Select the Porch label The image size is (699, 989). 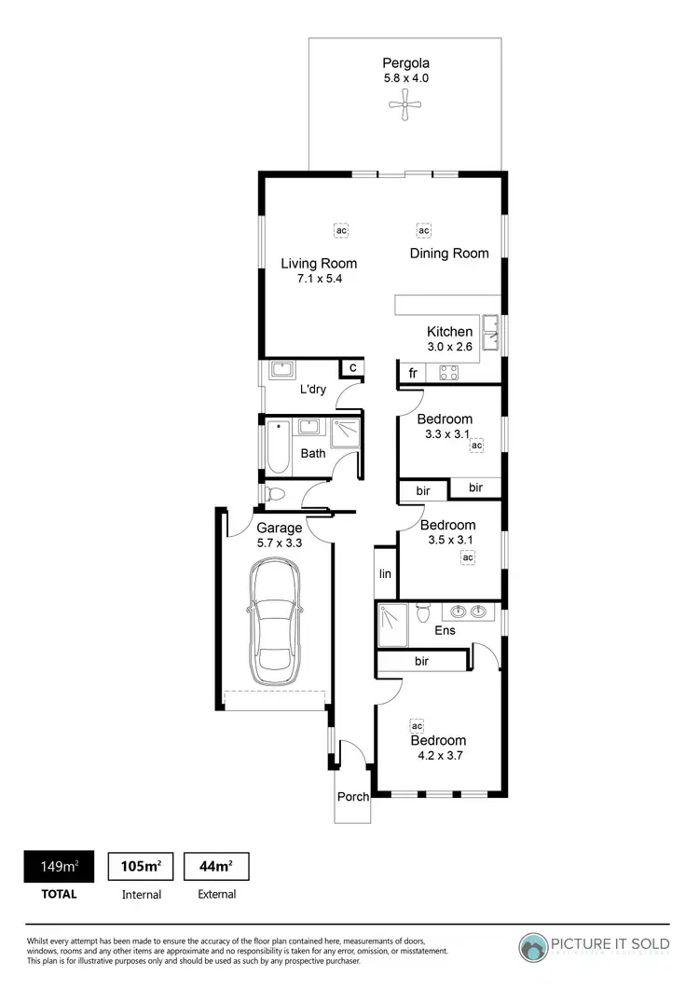click(353, 797)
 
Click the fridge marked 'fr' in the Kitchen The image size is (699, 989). click(412, 373)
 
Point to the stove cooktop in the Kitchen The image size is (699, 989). click(447, 373)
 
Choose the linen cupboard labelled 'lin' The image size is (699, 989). click(385, 574)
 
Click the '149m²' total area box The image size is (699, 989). click(58, 867)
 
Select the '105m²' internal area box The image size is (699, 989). click(141, 867)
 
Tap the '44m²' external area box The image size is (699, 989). click(216, 867)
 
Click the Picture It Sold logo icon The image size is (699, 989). click(535, 946)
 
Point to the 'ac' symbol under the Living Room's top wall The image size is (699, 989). click(341, 229)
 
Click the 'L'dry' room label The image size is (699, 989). click(312, 390)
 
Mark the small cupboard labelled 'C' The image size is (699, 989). click(352, 368)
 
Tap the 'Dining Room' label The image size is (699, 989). click(449, 254)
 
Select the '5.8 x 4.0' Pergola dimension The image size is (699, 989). click(405, 78)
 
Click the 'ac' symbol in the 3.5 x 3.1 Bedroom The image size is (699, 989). click(467, 557)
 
